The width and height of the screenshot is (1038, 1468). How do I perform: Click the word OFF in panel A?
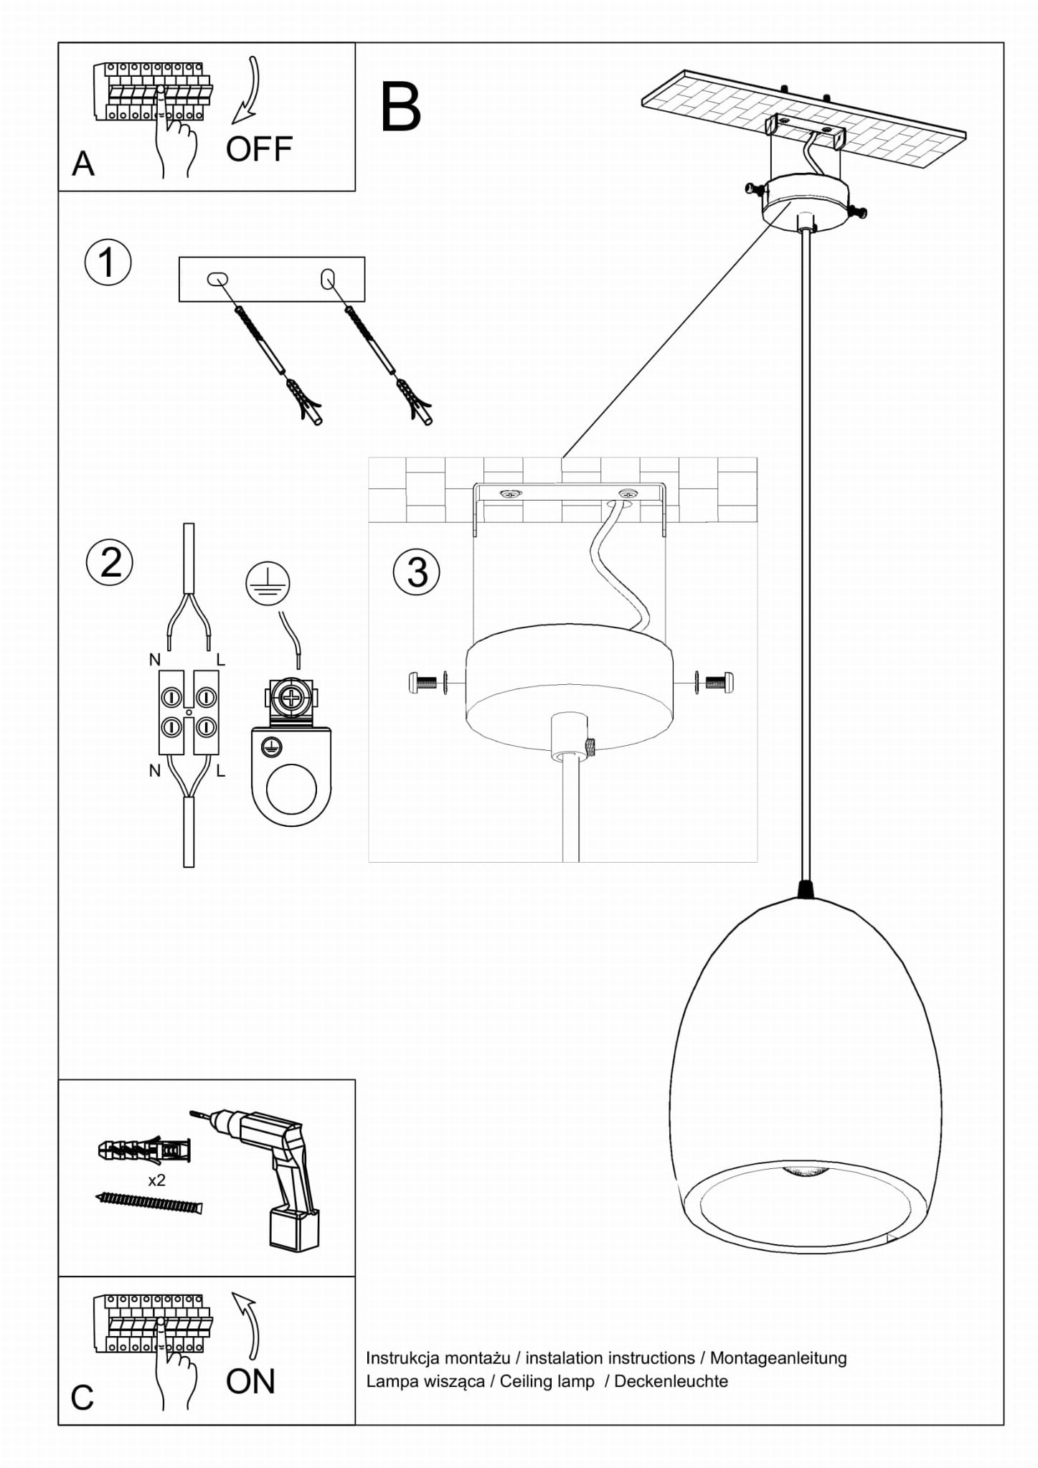(x=259, y=149)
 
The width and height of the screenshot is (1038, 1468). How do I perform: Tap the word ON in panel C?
(x=250, y=1381)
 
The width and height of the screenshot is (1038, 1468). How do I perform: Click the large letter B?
(x=400, y=107)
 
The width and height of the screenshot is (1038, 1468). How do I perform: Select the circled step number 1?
(x=108, y=262)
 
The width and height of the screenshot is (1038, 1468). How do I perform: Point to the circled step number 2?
(x=110, y=562)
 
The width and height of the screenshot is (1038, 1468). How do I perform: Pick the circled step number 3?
(x=417, y=572)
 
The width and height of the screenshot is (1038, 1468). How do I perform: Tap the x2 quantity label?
(x=156, y=1180)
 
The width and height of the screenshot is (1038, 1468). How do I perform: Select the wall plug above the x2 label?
(x=144, y=1151)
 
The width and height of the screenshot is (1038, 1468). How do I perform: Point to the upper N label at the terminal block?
(x=154, y=660)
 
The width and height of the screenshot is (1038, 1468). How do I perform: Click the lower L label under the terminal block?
(x=220, y=771)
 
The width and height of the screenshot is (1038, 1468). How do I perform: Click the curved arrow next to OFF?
(x=247, y=90)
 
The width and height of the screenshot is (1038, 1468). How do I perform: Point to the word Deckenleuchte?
(x=671, y=1381)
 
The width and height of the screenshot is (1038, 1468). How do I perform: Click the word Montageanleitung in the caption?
(x=778, y=1358)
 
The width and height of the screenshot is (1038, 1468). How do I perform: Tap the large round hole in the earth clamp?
(x=291, y=790)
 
